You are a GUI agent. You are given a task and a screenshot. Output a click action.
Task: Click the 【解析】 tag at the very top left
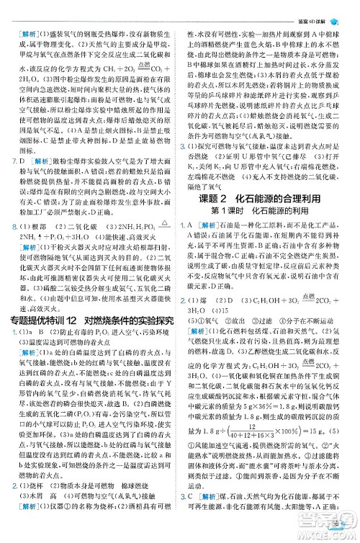(x=28, y=34)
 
